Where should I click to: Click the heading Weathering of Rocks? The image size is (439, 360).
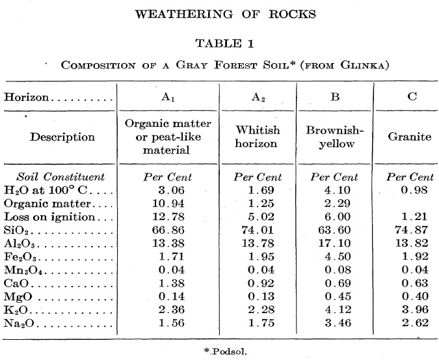click(x=220, y=14)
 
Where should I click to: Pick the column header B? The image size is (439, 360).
click(x=334, y=97)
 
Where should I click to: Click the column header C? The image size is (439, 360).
click(x=410, y=97)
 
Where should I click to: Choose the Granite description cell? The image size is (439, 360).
click(x=410, y=137)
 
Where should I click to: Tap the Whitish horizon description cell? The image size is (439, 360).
click(x=258, y=137)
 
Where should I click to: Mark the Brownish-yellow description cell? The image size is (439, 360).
click(x=334, y=137)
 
